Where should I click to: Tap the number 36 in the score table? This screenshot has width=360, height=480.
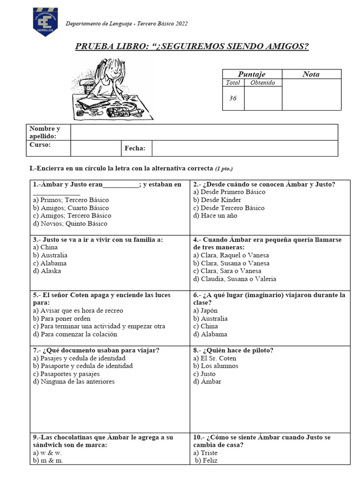(233, 98)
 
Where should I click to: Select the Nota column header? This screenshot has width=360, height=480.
(311, 74)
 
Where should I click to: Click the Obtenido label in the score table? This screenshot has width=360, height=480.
(263, 82)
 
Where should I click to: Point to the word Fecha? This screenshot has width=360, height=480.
(135, 149)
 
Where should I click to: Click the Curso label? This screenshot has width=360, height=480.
(40, 144)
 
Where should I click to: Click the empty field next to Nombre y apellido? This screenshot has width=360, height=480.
(204, 132)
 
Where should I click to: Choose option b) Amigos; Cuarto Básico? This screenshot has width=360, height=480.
(71, 208)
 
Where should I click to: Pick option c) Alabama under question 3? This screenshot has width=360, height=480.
(50, 263)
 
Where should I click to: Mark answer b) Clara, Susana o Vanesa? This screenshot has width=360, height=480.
(231, 263)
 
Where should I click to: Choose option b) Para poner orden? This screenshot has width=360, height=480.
(62, 318)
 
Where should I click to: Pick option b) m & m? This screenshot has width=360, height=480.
(48, 460)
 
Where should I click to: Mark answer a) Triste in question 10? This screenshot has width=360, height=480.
(205, 453)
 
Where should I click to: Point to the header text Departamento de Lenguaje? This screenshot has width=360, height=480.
(103, 23)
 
